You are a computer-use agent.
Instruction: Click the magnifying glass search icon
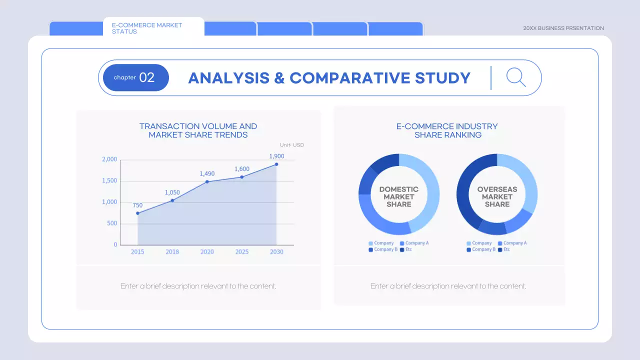(x=515, y=77)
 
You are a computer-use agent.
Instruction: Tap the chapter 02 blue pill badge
(x=135, y=77)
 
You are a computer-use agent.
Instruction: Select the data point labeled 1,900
(x=276, y=164)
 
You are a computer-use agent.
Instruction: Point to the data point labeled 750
(x=137, y=213)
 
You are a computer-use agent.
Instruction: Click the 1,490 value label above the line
(x=207, y=173)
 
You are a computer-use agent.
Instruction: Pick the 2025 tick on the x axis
(x=242, y=251)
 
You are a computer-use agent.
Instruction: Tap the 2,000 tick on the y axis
(x=109, y=159)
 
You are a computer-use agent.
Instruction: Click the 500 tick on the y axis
(x=111, y=223)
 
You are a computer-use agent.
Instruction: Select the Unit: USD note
(x=291, y=145)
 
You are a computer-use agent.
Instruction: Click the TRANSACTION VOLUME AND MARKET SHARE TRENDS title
(x=198, y=130)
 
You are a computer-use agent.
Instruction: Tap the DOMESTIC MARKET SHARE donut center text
(x=399, y=196)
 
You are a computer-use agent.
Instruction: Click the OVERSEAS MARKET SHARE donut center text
(x=497, y=196)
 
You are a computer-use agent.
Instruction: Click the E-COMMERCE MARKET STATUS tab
(x=147, y=28)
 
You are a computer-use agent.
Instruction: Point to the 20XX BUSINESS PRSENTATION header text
(x=563, y=28)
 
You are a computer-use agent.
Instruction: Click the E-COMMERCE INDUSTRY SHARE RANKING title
(x=447, y=130)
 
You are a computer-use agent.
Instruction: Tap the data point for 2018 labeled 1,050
(x=172, y=200)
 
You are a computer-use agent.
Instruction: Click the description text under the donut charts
(x=448, y=286)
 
